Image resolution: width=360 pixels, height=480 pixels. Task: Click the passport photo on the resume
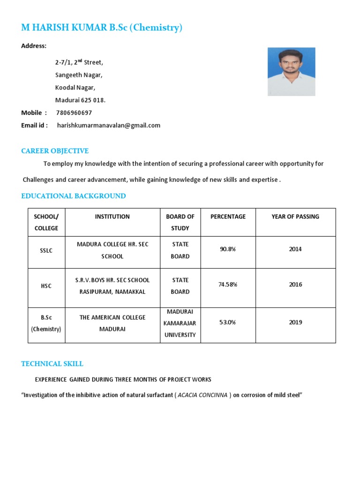pos(291,71)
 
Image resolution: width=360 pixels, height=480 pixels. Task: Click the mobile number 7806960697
pos(74,113)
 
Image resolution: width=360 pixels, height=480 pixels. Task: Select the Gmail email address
pos(109,126)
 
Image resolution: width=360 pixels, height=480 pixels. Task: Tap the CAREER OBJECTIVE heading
pos(55,151)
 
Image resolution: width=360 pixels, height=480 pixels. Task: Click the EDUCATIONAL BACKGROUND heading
pos(74,196)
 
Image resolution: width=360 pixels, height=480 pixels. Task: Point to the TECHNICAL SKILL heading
pos(52,364)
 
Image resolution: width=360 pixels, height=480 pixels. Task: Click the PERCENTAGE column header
pos(228,217)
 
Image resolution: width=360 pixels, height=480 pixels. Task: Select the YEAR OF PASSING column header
pos(295,217)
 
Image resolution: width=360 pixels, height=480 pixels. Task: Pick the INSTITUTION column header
pos(112,217)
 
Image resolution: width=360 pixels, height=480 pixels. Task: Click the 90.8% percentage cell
pos(228,249)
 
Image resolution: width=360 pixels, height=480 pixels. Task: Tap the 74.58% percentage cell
pos(228,285)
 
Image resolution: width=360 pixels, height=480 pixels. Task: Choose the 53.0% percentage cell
pos(228,322)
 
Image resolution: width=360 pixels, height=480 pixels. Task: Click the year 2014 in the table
pos(295,249)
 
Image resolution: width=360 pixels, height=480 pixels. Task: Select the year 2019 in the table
pos(295,322)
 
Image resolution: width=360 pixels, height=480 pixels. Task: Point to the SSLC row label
pos(46,251)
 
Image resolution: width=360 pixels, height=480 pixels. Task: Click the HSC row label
pos(46,286)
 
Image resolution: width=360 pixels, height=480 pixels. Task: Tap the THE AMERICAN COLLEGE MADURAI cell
pos(112,323)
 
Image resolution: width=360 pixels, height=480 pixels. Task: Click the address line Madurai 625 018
pos(81,100)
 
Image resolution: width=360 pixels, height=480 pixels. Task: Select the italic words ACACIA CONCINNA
pos(202,395)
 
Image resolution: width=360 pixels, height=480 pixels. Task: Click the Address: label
pos(34,46)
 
